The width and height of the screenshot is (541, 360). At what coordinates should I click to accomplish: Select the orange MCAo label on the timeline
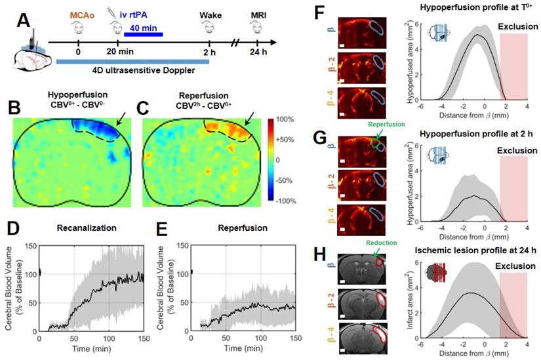[79, 12]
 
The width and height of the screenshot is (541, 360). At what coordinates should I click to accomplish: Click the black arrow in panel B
[123, 121]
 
